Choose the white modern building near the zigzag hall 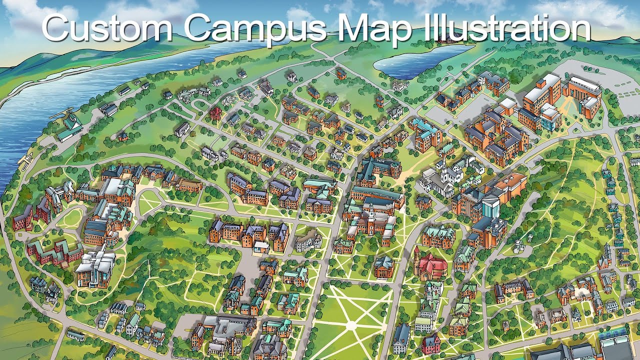(95, 267)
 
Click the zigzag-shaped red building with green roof (55, 250)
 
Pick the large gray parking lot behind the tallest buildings (600, 80)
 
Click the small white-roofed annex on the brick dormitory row (261, 246)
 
